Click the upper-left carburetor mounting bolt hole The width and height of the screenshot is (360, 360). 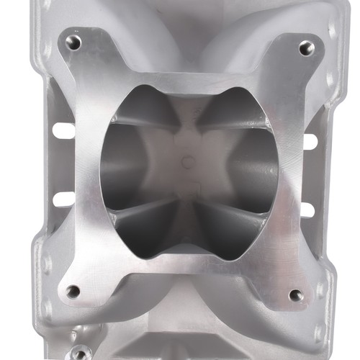pyautogui.click(x=73, y=42)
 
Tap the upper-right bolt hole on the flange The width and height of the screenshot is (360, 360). pyautogui.click(x=307, y=48)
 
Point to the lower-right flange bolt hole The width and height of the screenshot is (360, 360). pyautogui.click(x=295, y=294)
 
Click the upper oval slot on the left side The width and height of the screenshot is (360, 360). pyautogui.click(x=63, y=131)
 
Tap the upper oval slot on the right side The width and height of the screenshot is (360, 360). pyautogui.click(x=310, y=141)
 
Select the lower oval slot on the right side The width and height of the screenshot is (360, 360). pyautogui.click(x=307, y=210)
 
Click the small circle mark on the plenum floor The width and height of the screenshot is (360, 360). pyautogui.click(x=189, y=161)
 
